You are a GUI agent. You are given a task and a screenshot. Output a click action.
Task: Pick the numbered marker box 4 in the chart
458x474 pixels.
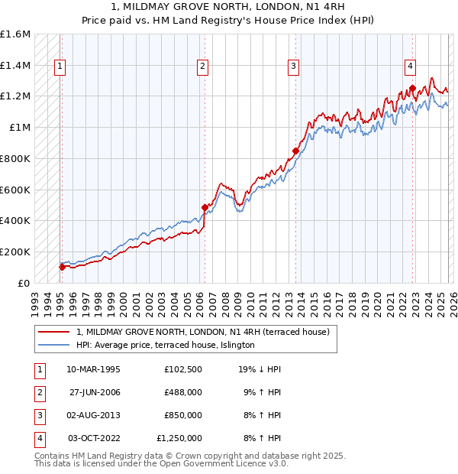(410, 66)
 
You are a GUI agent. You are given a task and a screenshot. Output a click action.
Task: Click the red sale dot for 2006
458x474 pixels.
(205, 207)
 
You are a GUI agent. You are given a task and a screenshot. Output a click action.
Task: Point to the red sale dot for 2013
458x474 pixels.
(295, 151)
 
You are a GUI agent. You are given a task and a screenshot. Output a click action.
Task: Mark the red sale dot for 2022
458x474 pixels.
(412, 89)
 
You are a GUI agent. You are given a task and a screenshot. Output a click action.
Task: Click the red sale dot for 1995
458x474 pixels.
(62, 267)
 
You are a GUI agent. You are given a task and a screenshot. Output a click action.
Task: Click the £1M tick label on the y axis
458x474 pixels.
(20, 128)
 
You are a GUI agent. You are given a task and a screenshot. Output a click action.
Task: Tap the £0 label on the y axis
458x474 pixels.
(24, 283)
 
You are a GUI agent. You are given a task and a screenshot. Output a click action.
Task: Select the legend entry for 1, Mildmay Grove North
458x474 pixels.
(202, 332)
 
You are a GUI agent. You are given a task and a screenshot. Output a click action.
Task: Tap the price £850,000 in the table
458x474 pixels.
(182, 415)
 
